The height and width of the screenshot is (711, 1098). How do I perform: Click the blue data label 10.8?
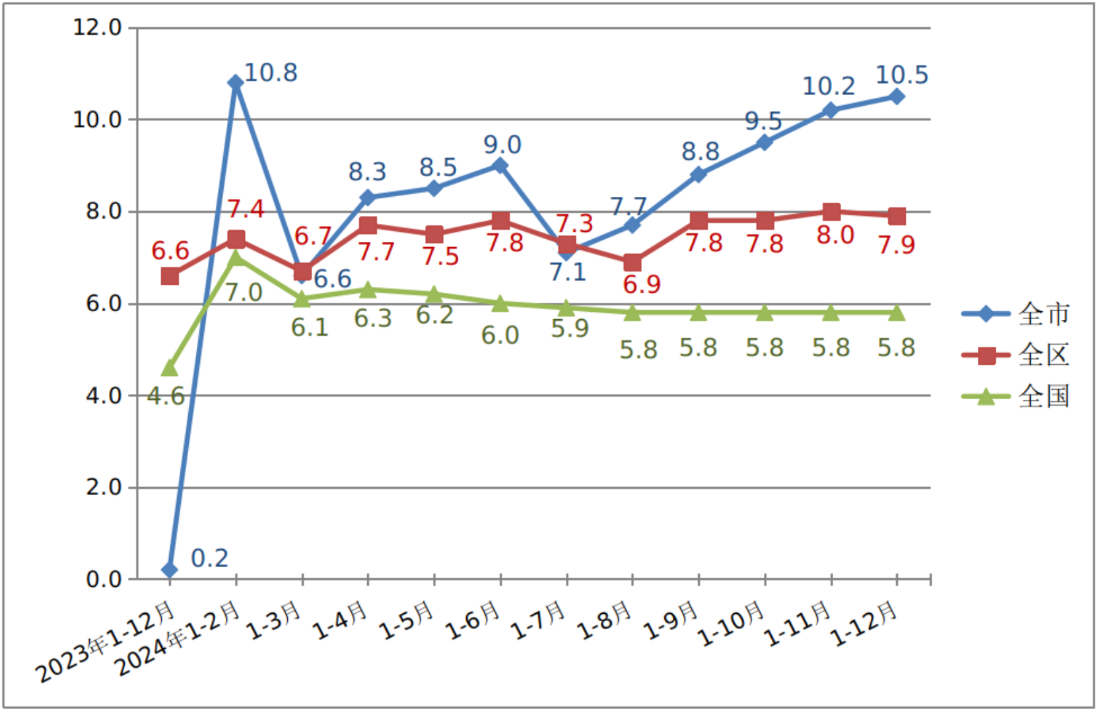click(271, 73)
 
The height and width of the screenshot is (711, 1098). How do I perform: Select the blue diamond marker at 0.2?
click(170, 570)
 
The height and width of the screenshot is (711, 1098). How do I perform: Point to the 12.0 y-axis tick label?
click(98, 28)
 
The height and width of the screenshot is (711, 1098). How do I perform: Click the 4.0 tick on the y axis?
click(104, 396)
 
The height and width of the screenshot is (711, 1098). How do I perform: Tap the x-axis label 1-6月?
click(473, 621)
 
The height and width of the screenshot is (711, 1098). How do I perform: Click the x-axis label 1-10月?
click(732, 624)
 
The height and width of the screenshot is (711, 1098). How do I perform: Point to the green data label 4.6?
click(166, 396)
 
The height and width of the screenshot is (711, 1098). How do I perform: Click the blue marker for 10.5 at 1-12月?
click(897, 96)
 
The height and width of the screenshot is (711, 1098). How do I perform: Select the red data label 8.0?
click(835, 235)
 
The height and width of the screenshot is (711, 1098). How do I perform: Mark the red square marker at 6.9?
click(633, 262)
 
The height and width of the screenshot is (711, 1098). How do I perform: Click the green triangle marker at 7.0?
click(236, 258)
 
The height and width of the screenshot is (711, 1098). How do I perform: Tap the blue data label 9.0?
click(502, 145)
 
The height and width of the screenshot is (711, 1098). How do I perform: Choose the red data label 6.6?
click(170, 250)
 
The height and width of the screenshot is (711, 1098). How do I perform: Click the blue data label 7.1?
click(568, 272)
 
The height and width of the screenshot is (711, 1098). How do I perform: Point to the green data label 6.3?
click(373, 318)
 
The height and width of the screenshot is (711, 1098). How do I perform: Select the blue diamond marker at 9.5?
click(765, 142)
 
